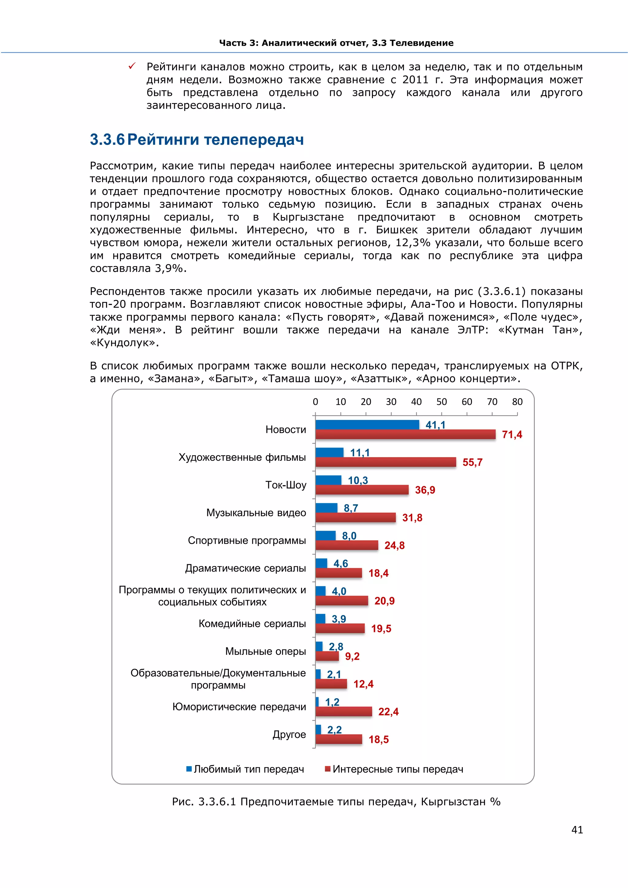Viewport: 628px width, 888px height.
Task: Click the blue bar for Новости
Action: coord(367,424)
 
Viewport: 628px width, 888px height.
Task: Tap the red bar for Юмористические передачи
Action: coord(343,711)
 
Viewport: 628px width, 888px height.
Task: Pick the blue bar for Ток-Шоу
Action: coord(328,480)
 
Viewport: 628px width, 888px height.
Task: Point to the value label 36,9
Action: coord(425,490)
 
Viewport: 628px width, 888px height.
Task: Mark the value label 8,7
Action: coord(350,508)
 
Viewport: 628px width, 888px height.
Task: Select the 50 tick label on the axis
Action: coord(441,402)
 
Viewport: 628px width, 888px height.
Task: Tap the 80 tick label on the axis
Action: coord(517,402)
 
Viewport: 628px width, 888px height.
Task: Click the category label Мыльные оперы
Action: coord(265,651)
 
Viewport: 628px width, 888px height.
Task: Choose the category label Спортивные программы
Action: coord(247,540)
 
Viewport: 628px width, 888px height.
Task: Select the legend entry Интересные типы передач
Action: coord(397,769)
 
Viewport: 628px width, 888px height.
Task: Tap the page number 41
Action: coord(577,830)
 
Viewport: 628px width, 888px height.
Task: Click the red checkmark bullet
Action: coord(132,67)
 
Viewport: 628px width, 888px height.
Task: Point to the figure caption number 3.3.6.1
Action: coord(216,802)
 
